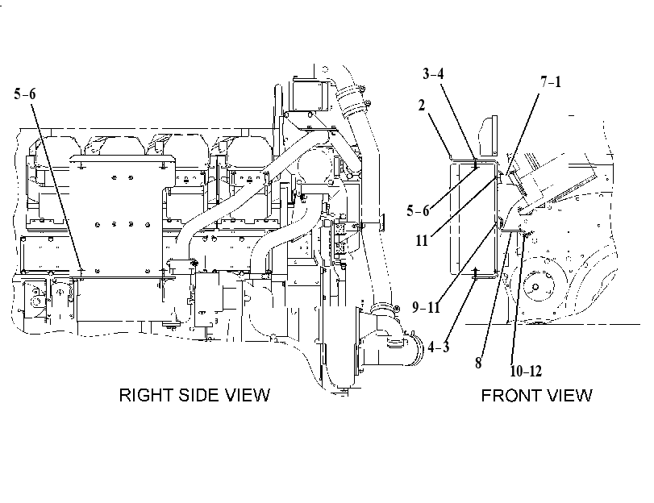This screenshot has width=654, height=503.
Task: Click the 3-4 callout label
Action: tap(433, 74)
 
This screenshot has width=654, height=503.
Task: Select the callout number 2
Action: tap(422, 105)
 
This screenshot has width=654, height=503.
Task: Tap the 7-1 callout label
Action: tap(551, 81)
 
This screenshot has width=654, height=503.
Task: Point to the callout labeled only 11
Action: tap(422, 240)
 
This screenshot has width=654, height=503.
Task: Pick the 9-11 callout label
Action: tap(427, 307)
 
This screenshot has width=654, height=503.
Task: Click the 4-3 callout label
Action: tap(439, 346)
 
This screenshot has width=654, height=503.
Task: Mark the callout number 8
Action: tap(478, 363)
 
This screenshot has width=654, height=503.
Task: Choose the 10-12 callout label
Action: tap(526, 371)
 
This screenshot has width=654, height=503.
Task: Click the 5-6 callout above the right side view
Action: tap(25, 94)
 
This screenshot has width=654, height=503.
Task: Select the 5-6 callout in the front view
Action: tap(418, 210)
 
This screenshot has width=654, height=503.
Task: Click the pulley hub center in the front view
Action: tap(536, 287)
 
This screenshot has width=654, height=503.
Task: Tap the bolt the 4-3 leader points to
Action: tap(475, 273)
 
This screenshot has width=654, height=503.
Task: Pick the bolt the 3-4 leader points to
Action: tap(475, 163)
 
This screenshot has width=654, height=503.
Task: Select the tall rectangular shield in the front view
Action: tap(474, 218)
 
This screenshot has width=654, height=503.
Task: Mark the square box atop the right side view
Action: tap(309, 94)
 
